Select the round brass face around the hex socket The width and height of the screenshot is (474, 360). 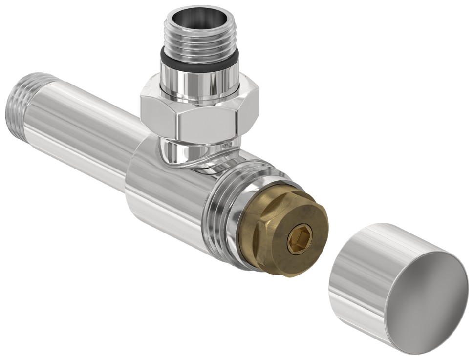point(308,230)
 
